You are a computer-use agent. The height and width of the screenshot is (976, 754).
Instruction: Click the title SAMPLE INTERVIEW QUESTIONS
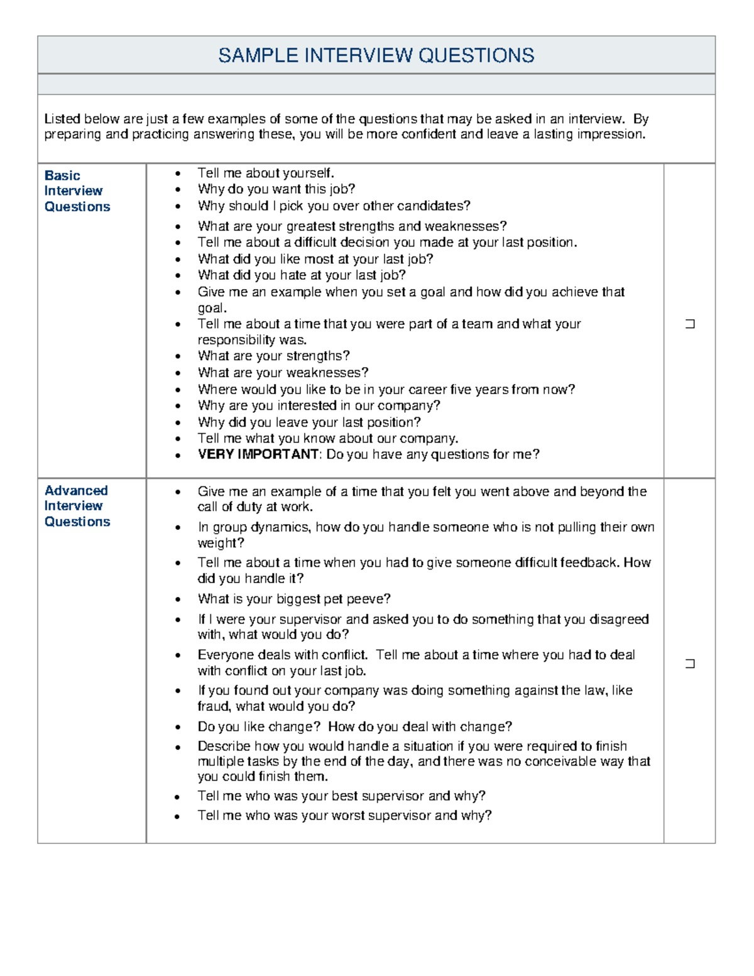point(376,55)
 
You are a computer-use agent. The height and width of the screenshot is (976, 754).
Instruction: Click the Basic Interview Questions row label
point(77,191)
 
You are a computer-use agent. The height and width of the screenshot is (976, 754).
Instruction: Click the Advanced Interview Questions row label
point(77,506)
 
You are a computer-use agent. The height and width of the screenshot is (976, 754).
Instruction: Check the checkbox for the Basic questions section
point(690,324)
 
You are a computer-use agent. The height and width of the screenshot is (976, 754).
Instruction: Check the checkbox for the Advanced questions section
point(690,664)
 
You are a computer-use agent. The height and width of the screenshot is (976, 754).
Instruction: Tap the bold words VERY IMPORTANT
point(258,454)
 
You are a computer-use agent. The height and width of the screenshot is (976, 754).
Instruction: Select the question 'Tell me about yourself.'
point(266,173)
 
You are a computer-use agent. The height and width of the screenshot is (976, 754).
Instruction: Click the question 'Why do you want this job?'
point(276,189)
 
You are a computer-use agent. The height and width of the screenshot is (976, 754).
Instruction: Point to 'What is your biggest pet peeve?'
point(294,599)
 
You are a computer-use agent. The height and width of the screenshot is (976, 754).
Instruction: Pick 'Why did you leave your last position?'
point(309,422)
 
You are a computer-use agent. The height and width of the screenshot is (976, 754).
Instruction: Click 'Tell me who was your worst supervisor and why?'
point(344,816)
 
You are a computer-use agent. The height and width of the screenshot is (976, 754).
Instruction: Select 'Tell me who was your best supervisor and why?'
point(341,796)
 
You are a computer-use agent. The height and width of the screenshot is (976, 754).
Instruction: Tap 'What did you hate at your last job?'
point(302,275)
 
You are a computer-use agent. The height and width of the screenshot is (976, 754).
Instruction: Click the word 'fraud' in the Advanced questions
point(212,706)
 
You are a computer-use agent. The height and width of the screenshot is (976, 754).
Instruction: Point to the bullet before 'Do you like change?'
point(178,728)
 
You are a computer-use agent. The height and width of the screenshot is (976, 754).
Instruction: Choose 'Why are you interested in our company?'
point(319,406)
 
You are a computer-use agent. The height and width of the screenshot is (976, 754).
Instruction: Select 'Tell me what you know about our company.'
point(328,439)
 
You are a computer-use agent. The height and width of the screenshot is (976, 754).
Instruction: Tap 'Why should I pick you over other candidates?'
point(334,206)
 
